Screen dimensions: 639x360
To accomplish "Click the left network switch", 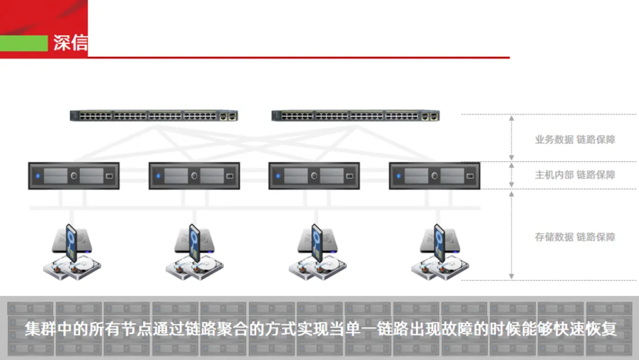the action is (x=154, y=116).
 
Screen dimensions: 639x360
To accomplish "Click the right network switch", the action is (x=356, y=116).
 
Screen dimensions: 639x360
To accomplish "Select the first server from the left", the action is (x=74, y=176).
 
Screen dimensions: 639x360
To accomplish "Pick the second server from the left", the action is (x=194, y=176).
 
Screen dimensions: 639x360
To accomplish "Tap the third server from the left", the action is (x=314, y=176).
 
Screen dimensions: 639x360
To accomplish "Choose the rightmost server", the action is (x=434, y=176).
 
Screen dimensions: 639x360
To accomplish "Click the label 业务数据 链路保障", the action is (x=575, y=140).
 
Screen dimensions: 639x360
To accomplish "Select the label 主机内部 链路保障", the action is (x=575, y=175).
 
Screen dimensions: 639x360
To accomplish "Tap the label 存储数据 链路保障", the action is (x=575, y=237).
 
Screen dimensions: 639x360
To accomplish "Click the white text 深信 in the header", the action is (x=70, y=43).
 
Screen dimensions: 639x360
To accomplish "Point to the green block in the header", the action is (x=24, y=43).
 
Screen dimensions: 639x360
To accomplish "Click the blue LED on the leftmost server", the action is (x=38, y=176).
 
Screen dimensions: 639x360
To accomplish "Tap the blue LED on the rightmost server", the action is (x=399, y=176).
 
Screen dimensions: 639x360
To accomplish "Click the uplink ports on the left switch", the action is (x=228, y=116).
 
